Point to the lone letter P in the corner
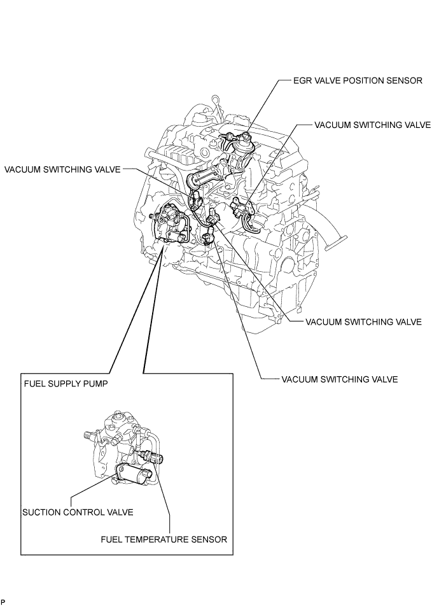(x=3, y=601)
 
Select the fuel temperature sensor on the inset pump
(x=154, y=457)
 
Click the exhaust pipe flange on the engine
(x=337, y=242)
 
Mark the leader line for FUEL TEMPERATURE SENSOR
(x=167, y=503)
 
